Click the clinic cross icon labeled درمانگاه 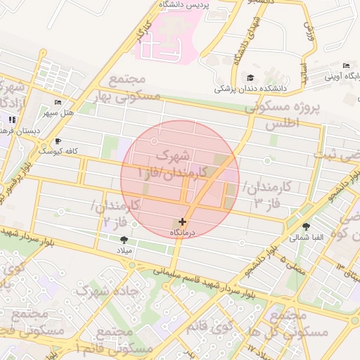[183, 221]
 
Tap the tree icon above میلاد [124, 240]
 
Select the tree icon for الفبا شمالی [306, 226]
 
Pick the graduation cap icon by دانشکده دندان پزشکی [250, 78]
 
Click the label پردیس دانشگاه [181, 5]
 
